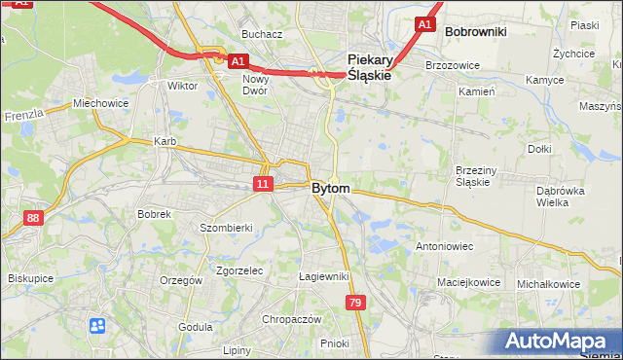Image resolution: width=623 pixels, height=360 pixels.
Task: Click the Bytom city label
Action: (x=330, y=188)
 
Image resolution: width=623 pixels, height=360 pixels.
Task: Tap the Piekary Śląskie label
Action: (x=369, y=66)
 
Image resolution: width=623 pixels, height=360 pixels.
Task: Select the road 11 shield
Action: (x=263, y=183)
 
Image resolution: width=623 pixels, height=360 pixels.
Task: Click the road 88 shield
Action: (x=34, y=218)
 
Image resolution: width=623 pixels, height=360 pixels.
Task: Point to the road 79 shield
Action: (x=355, y=305)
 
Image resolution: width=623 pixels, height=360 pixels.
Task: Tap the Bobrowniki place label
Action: (x=475, y=32)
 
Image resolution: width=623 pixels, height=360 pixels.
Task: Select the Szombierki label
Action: (x=226, y=228)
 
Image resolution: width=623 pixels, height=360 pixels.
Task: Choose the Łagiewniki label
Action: (x=323, y=276)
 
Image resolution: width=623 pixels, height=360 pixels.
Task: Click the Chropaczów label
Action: (x=291, y=319)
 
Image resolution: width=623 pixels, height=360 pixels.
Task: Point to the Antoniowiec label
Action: (x=444, y=246)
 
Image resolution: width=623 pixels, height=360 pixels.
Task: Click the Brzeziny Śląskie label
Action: (x=477, y=176)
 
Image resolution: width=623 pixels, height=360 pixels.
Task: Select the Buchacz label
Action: (x=262, y=34)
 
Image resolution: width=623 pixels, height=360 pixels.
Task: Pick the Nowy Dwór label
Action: (x=255, y=85)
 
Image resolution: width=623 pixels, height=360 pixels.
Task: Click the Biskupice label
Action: (x=29, y=278)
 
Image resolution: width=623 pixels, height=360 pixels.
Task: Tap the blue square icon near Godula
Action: (x=98, y=325)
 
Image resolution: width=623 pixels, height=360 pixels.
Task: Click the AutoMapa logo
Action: (x=558, y=341)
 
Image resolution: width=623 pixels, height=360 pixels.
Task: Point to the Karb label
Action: (x=164, y=141)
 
